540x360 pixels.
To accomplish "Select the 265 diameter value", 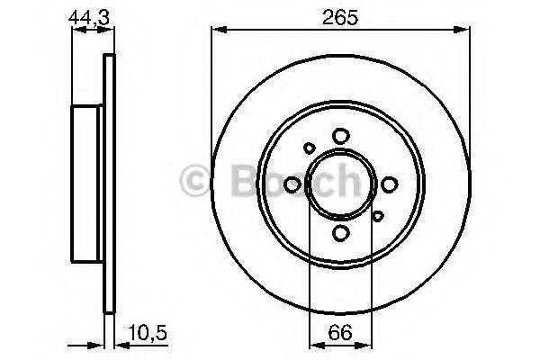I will coord(340,14).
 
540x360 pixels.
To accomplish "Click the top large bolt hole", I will coord(340,135).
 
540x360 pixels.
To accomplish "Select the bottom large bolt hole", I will coord(340,234).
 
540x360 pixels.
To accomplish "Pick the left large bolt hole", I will coord(292,184).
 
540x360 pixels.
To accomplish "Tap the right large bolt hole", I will coord(390,184).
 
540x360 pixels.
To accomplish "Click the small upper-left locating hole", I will coord(310,148).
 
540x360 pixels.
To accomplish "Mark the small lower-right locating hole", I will coord(377,215).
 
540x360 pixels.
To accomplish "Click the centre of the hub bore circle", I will coord(340,184).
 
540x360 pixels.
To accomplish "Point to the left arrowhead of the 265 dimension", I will coord(216,31).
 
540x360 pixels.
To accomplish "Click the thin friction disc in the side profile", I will coord(111,184).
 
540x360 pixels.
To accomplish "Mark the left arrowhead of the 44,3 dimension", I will coord(75,31).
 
